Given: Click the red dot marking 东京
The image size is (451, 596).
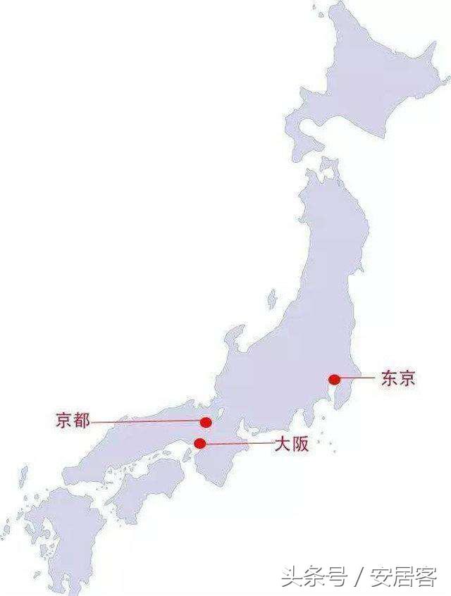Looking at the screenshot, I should coord(335,379).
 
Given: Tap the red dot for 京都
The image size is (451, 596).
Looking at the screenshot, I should coord(206,422).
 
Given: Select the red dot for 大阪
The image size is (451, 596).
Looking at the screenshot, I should coord(200,443).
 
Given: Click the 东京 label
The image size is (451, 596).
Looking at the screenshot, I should coord(398,378).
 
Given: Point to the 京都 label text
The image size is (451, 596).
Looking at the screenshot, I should coord(73,421).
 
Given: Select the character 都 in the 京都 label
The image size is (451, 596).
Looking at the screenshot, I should coord(82,421).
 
